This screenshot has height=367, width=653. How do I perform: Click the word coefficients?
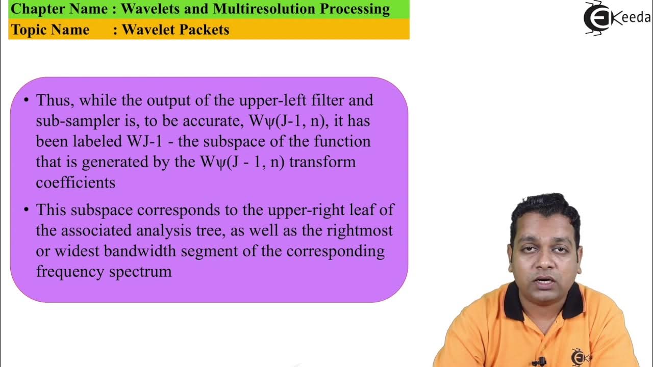click(76, 182)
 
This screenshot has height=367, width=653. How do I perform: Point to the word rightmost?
click(360, 230)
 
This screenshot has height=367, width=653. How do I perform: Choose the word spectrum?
click(140, 271)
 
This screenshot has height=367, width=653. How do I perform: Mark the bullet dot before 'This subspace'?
click(26, 209)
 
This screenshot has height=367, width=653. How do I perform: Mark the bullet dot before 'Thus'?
click(26, 100)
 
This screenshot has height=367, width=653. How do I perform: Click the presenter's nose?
click(544, 263)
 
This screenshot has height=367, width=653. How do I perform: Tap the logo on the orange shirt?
click(580, 356)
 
